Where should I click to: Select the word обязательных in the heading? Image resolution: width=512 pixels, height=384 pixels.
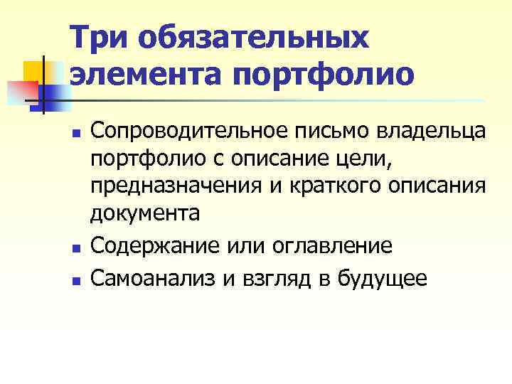(255, 37)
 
